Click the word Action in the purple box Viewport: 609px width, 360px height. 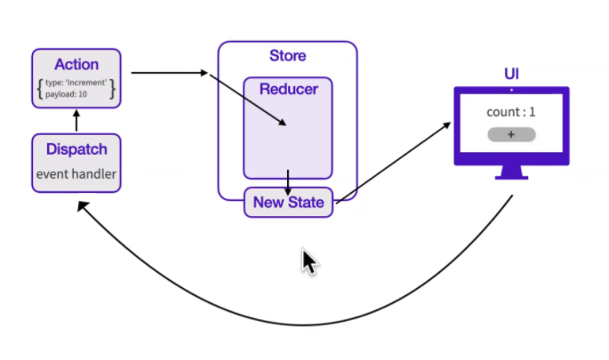76,64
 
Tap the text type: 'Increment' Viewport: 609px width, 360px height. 76,83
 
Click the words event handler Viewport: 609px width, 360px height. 76,174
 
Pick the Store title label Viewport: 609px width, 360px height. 287,56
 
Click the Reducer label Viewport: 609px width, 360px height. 288,89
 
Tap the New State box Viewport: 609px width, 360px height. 288,202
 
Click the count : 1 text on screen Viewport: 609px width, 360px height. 510,112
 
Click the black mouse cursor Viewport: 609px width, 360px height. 309,261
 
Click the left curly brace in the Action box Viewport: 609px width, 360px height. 39,88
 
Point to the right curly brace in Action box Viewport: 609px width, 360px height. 113,88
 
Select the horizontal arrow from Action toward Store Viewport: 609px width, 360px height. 169,72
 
